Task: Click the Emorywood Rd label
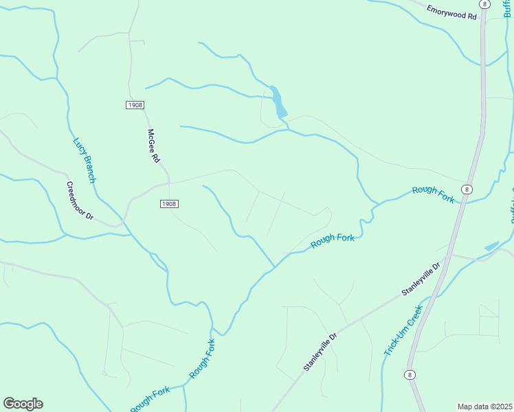451,12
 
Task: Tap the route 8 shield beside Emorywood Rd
485,4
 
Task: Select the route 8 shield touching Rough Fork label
467,189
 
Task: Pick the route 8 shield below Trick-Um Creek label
410,374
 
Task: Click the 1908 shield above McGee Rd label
135,104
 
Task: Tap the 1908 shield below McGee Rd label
169,204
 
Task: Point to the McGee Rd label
153,146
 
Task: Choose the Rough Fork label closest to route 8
434,194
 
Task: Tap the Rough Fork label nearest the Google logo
150,399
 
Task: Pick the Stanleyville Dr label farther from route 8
320,353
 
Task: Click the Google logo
23,404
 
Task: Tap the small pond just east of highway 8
491,246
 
